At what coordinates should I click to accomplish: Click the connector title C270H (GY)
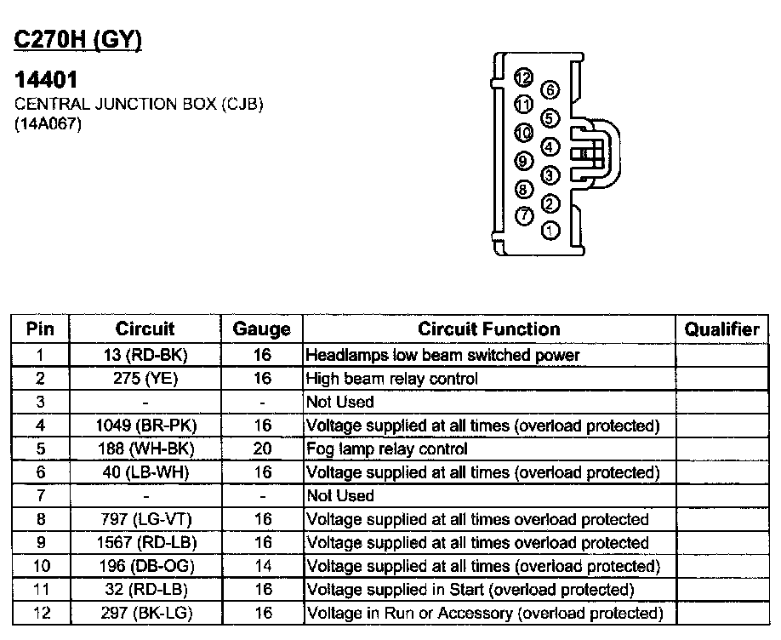[x=77, y=41]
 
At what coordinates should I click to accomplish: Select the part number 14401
[x=47, y=80]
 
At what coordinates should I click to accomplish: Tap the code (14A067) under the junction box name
[x=48, y=124]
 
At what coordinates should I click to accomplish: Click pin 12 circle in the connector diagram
[x=524, y=79]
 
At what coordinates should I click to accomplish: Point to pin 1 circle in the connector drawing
[x=551, y=230]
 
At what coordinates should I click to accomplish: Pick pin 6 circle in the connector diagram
[x=551, y=89]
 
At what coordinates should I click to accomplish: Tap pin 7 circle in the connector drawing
[x=525, y=216]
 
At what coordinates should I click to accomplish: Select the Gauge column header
[x=261, y=329]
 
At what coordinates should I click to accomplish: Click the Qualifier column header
[x=721, y=329]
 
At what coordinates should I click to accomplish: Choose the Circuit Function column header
[x=488, y=329]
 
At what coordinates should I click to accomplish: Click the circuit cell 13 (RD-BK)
[x=145, y=355]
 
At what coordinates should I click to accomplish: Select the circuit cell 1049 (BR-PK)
[x=145, y=426]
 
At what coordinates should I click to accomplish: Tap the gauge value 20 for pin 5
[x=261, y=449]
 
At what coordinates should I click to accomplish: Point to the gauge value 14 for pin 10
[x=261, y=566]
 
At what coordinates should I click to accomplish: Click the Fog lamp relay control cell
[x=387, y=449]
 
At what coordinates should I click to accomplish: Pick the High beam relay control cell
[x=392, y=379]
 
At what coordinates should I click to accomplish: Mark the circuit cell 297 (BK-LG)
[x=145, y=613]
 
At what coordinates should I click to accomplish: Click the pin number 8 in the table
[x=39, y=519]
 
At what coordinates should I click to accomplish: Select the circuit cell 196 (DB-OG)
[x=145, y=566]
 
